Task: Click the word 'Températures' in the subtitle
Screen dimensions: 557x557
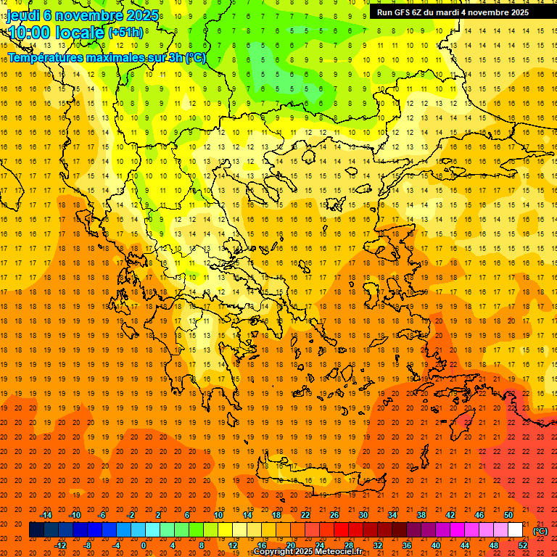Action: [x=43, y=57]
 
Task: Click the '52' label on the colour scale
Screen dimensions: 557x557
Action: [x=523, y=545]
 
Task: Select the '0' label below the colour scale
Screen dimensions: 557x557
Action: [x=143, y=545]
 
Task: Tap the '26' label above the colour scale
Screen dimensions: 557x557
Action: [x=334, y=515]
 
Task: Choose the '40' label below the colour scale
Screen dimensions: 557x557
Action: [x=435, y=545]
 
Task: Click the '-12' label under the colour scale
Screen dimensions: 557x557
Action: [x=60, y=545]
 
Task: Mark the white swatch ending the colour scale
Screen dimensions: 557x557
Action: [x=516, y=530]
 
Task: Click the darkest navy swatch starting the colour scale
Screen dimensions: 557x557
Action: [x=36, y=530]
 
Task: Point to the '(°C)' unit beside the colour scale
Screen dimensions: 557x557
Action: [x=540, y=531]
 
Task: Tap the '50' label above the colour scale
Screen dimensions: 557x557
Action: [x=508, y=515]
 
